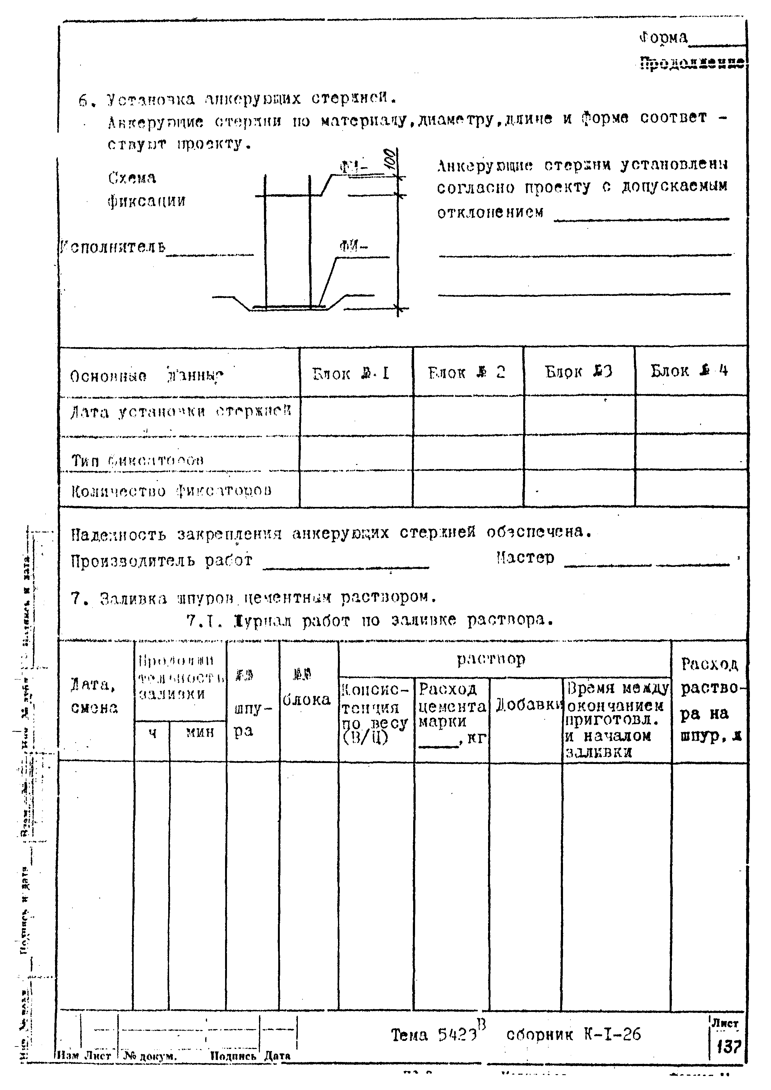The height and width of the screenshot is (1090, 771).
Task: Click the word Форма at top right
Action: click(663, 38)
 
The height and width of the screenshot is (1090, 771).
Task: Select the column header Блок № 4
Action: click(689, 371)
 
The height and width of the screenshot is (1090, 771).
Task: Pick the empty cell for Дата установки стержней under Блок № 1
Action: click(356, 415)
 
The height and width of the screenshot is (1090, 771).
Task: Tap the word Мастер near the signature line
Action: click(525, 557)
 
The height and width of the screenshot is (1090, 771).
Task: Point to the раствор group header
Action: click(491, 659)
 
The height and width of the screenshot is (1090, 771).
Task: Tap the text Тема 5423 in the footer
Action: click(433, 1035)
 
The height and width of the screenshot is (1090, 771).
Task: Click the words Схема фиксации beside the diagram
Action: click(146, 189)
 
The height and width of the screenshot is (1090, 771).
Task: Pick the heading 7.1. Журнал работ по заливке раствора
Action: click(370, 620)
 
